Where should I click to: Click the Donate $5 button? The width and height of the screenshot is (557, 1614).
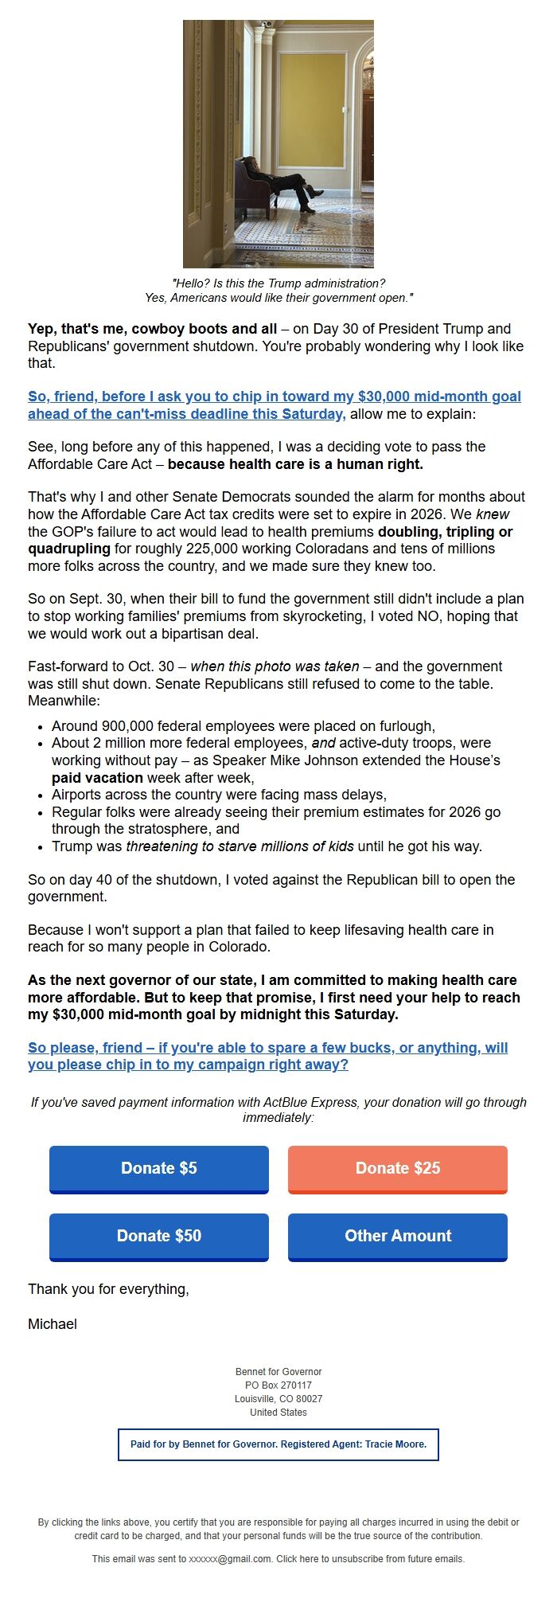point(159,1168)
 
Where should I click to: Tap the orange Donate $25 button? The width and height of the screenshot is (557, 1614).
point(398,1168)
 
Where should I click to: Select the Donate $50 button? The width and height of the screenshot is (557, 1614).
point(159,1236)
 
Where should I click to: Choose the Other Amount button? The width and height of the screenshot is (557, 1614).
point(398,1236)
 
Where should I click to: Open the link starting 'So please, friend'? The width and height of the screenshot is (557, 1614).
point(267,1048)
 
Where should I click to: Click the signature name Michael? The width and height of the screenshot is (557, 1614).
point(53,1323)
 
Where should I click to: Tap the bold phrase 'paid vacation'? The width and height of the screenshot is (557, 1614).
point(97,778)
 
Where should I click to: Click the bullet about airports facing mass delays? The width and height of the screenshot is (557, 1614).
point(219,795)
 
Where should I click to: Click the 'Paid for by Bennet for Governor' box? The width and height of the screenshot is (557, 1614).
point(278,1444)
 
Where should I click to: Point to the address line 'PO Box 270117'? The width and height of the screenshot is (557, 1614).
point(278,1385)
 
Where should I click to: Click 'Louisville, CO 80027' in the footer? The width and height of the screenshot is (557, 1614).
point(278,1399)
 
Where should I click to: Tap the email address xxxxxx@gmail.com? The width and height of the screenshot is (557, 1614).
point(230,1558)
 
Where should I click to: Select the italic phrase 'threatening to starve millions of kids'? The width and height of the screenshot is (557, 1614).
point(240,846)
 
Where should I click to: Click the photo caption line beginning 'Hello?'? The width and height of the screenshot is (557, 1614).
point(278,283)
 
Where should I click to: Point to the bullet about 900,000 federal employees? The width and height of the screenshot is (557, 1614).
point(243,726)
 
